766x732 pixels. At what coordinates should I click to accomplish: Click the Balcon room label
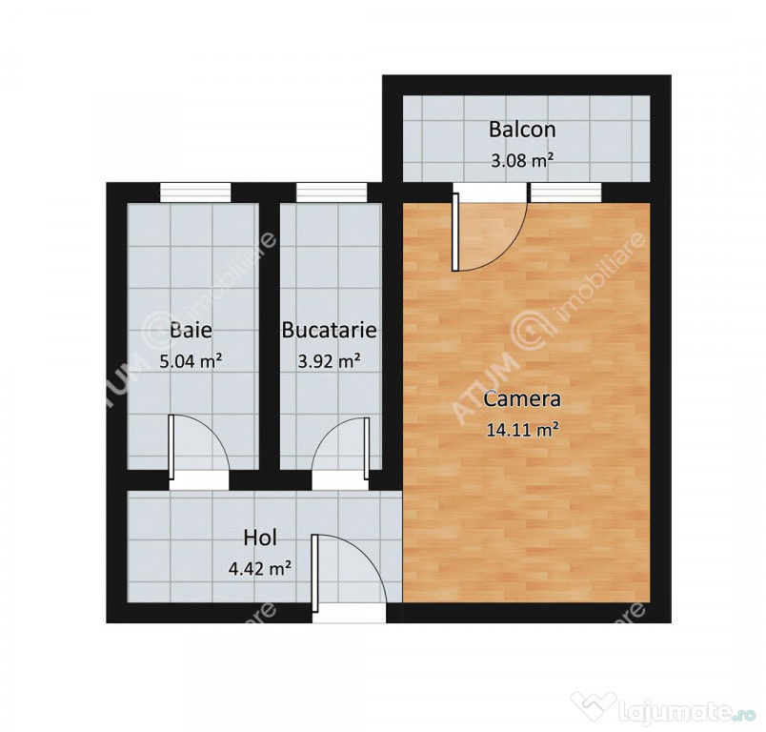pos(522,130)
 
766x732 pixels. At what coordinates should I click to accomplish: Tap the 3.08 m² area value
pos(522,160)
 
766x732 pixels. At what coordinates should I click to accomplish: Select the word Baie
pos(191,330)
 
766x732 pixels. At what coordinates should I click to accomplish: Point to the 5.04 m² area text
pos(191,361)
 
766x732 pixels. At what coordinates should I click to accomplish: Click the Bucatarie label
pos(330,330)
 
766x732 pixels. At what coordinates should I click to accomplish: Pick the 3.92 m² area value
pos(330,361)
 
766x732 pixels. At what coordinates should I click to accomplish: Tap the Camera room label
pos(522,399)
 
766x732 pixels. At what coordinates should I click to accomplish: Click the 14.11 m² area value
pos(522,430)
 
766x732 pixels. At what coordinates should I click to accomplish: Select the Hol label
pos(260,538)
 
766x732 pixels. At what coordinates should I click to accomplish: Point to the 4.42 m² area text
pos(260,568)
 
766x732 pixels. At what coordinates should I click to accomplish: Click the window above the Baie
pos(195,192)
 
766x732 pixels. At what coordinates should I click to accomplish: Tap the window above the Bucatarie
pos(332,192)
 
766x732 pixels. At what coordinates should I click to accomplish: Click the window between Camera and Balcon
pos(566,192)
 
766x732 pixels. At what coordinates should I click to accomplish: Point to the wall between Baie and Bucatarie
pos(269,335)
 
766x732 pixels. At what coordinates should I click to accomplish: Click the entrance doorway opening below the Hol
pos(350,613)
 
